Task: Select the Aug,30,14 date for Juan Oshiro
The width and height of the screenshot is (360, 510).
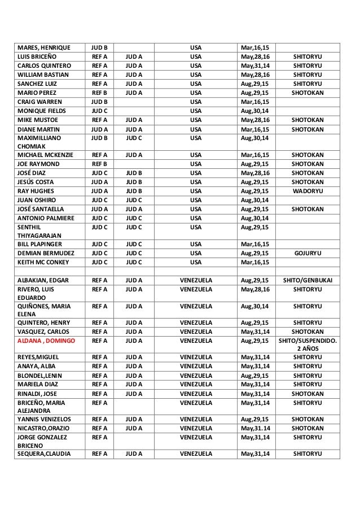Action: click(x=255, y=200)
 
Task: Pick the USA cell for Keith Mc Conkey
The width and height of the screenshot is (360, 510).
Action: click(x=196, y=263)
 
